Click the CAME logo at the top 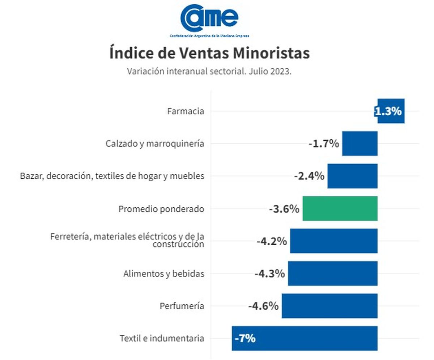point(210,20)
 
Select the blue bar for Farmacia point(391,111)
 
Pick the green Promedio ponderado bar point(340,208)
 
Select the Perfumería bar point(329,306)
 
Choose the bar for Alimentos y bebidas point(333,273)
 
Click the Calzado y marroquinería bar point(359,144)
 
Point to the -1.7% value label point(324,144)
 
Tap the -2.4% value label point(309,176)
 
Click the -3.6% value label point(284,209)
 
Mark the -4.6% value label point(263,306)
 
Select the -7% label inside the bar point(245,339)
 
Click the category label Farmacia point(186,111)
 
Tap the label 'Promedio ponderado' point(161,209)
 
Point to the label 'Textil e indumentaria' point(162,339)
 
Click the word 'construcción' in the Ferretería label point(178,244)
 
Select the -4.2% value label point(272,241)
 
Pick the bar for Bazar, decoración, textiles point(352,176)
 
